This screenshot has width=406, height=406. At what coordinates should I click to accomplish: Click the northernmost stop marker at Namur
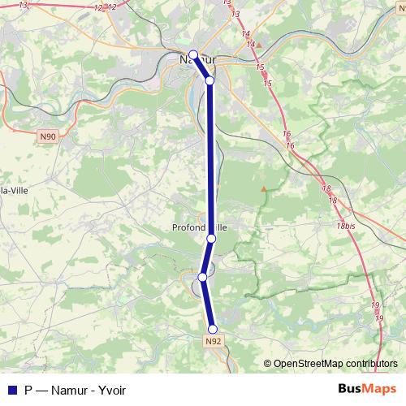click(193, 55)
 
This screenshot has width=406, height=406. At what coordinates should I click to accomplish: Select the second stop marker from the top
click(209, 80)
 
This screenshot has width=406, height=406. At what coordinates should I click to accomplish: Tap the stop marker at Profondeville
click(211, 238)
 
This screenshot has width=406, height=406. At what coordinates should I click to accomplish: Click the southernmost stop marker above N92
click(213, 329)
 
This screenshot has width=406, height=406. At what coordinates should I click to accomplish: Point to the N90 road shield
click(47, 136)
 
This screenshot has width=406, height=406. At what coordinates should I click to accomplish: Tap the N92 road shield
click(213, 342)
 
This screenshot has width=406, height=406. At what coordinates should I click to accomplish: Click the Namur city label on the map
click(194, 59)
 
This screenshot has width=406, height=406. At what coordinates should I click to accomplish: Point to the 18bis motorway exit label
click(346, 225)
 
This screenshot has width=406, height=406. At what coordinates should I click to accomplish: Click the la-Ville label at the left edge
click(11, 190)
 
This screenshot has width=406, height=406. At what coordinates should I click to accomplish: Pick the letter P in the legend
click(29, 389)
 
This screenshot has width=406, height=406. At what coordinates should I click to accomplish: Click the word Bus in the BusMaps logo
click(351, 388)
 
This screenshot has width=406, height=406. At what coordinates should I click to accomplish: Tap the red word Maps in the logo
click(381, 388)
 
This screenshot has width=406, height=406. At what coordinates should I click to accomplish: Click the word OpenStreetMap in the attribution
click(308, 363)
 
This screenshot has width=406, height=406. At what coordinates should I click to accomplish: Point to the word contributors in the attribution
click(370, 363)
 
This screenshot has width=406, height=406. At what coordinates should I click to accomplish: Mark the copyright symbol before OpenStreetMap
click(268, 363)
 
